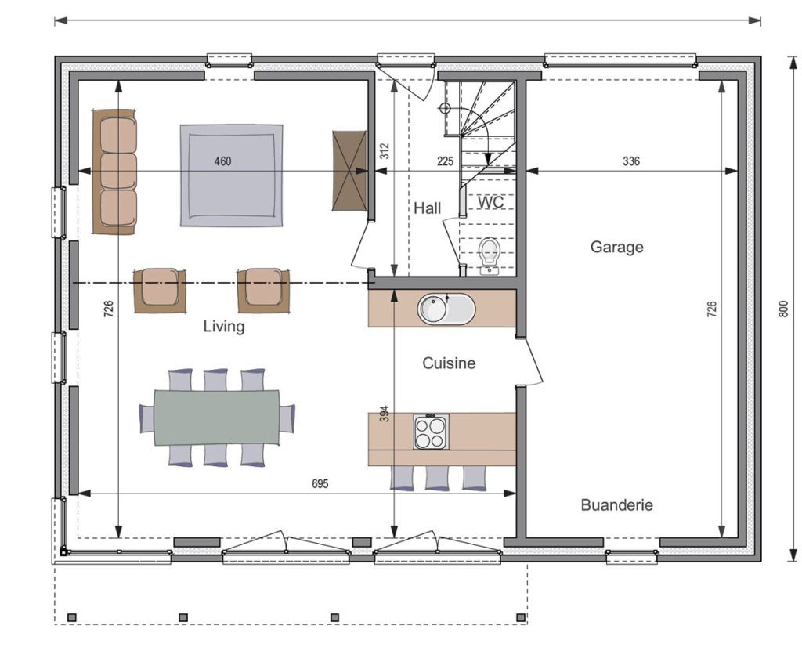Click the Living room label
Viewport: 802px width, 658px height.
click(x=224, y=327)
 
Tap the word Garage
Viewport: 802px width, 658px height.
click(x=617, y=247)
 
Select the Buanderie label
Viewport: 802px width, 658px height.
click(x=617, y=505)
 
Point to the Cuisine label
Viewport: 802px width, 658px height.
click(x=449, y=363)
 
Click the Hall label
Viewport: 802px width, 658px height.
click(x=428, y=208)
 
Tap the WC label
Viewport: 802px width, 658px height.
click(x=490, y=202)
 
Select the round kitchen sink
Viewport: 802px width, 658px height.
click(x=446, y=309)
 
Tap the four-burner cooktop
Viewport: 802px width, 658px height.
click(x=432, y=432)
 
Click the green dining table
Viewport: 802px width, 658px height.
click(x=217, y=417)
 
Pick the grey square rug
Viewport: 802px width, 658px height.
click(x=231, y=175)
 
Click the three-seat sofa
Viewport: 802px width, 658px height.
click(x=114, y=172)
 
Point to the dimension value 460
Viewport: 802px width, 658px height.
click(x=222, y=161)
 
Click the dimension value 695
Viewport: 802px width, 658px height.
click(x=320, y=483)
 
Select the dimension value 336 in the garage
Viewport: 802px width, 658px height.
click(x=631, y=161)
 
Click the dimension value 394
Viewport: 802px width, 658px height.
click(x=385, y=414)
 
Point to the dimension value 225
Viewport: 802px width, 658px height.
click(x=445, y=161)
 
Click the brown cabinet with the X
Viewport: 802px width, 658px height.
click(x=350, y=171)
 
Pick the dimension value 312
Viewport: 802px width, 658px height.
click(x=385, y=151)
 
